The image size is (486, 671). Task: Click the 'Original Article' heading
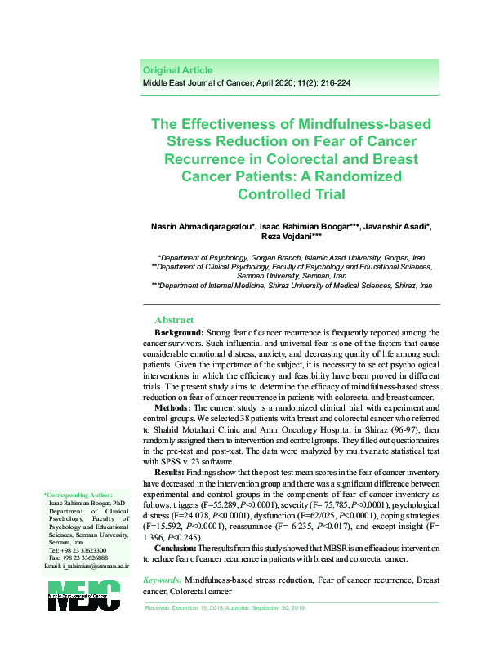[177, 70]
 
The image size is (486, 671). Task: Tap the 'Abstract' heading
[174, 320]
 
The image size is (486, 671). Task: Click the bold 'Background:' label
[179, 334]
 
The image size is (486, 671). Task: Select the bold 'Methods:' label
[174, 407]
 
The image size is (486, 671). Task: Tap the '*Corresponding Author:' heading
[78, 495]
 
